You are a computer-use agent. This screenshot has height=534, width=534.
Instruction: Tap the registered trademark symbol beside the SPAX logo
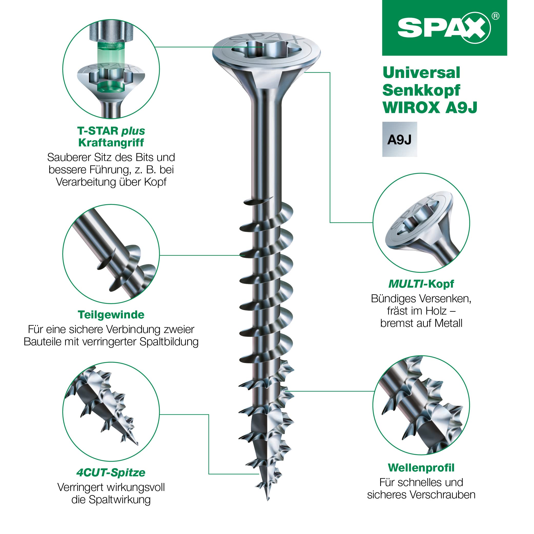(496, 16)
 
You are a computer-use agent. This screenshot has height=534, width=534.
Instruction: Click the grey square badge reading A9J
(399, 139)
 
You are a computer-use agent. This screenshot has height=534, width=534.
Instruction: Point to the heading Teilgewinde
(111, 315)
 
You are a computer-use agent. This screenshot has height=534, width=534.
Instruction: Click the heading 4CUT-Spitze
(111, 472)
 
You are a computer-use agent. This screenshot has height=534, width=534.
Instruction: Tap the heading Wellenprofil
(421, 468)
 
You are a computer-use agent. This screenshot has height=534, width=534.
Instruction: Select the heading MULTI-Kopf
(421, 284)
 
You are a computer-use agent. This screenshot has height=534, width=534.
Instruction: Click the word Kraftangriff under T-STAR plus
(111, 143)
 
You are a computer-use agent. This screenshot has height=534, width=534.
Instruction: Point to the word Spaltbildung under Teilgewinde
(169, 342)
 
